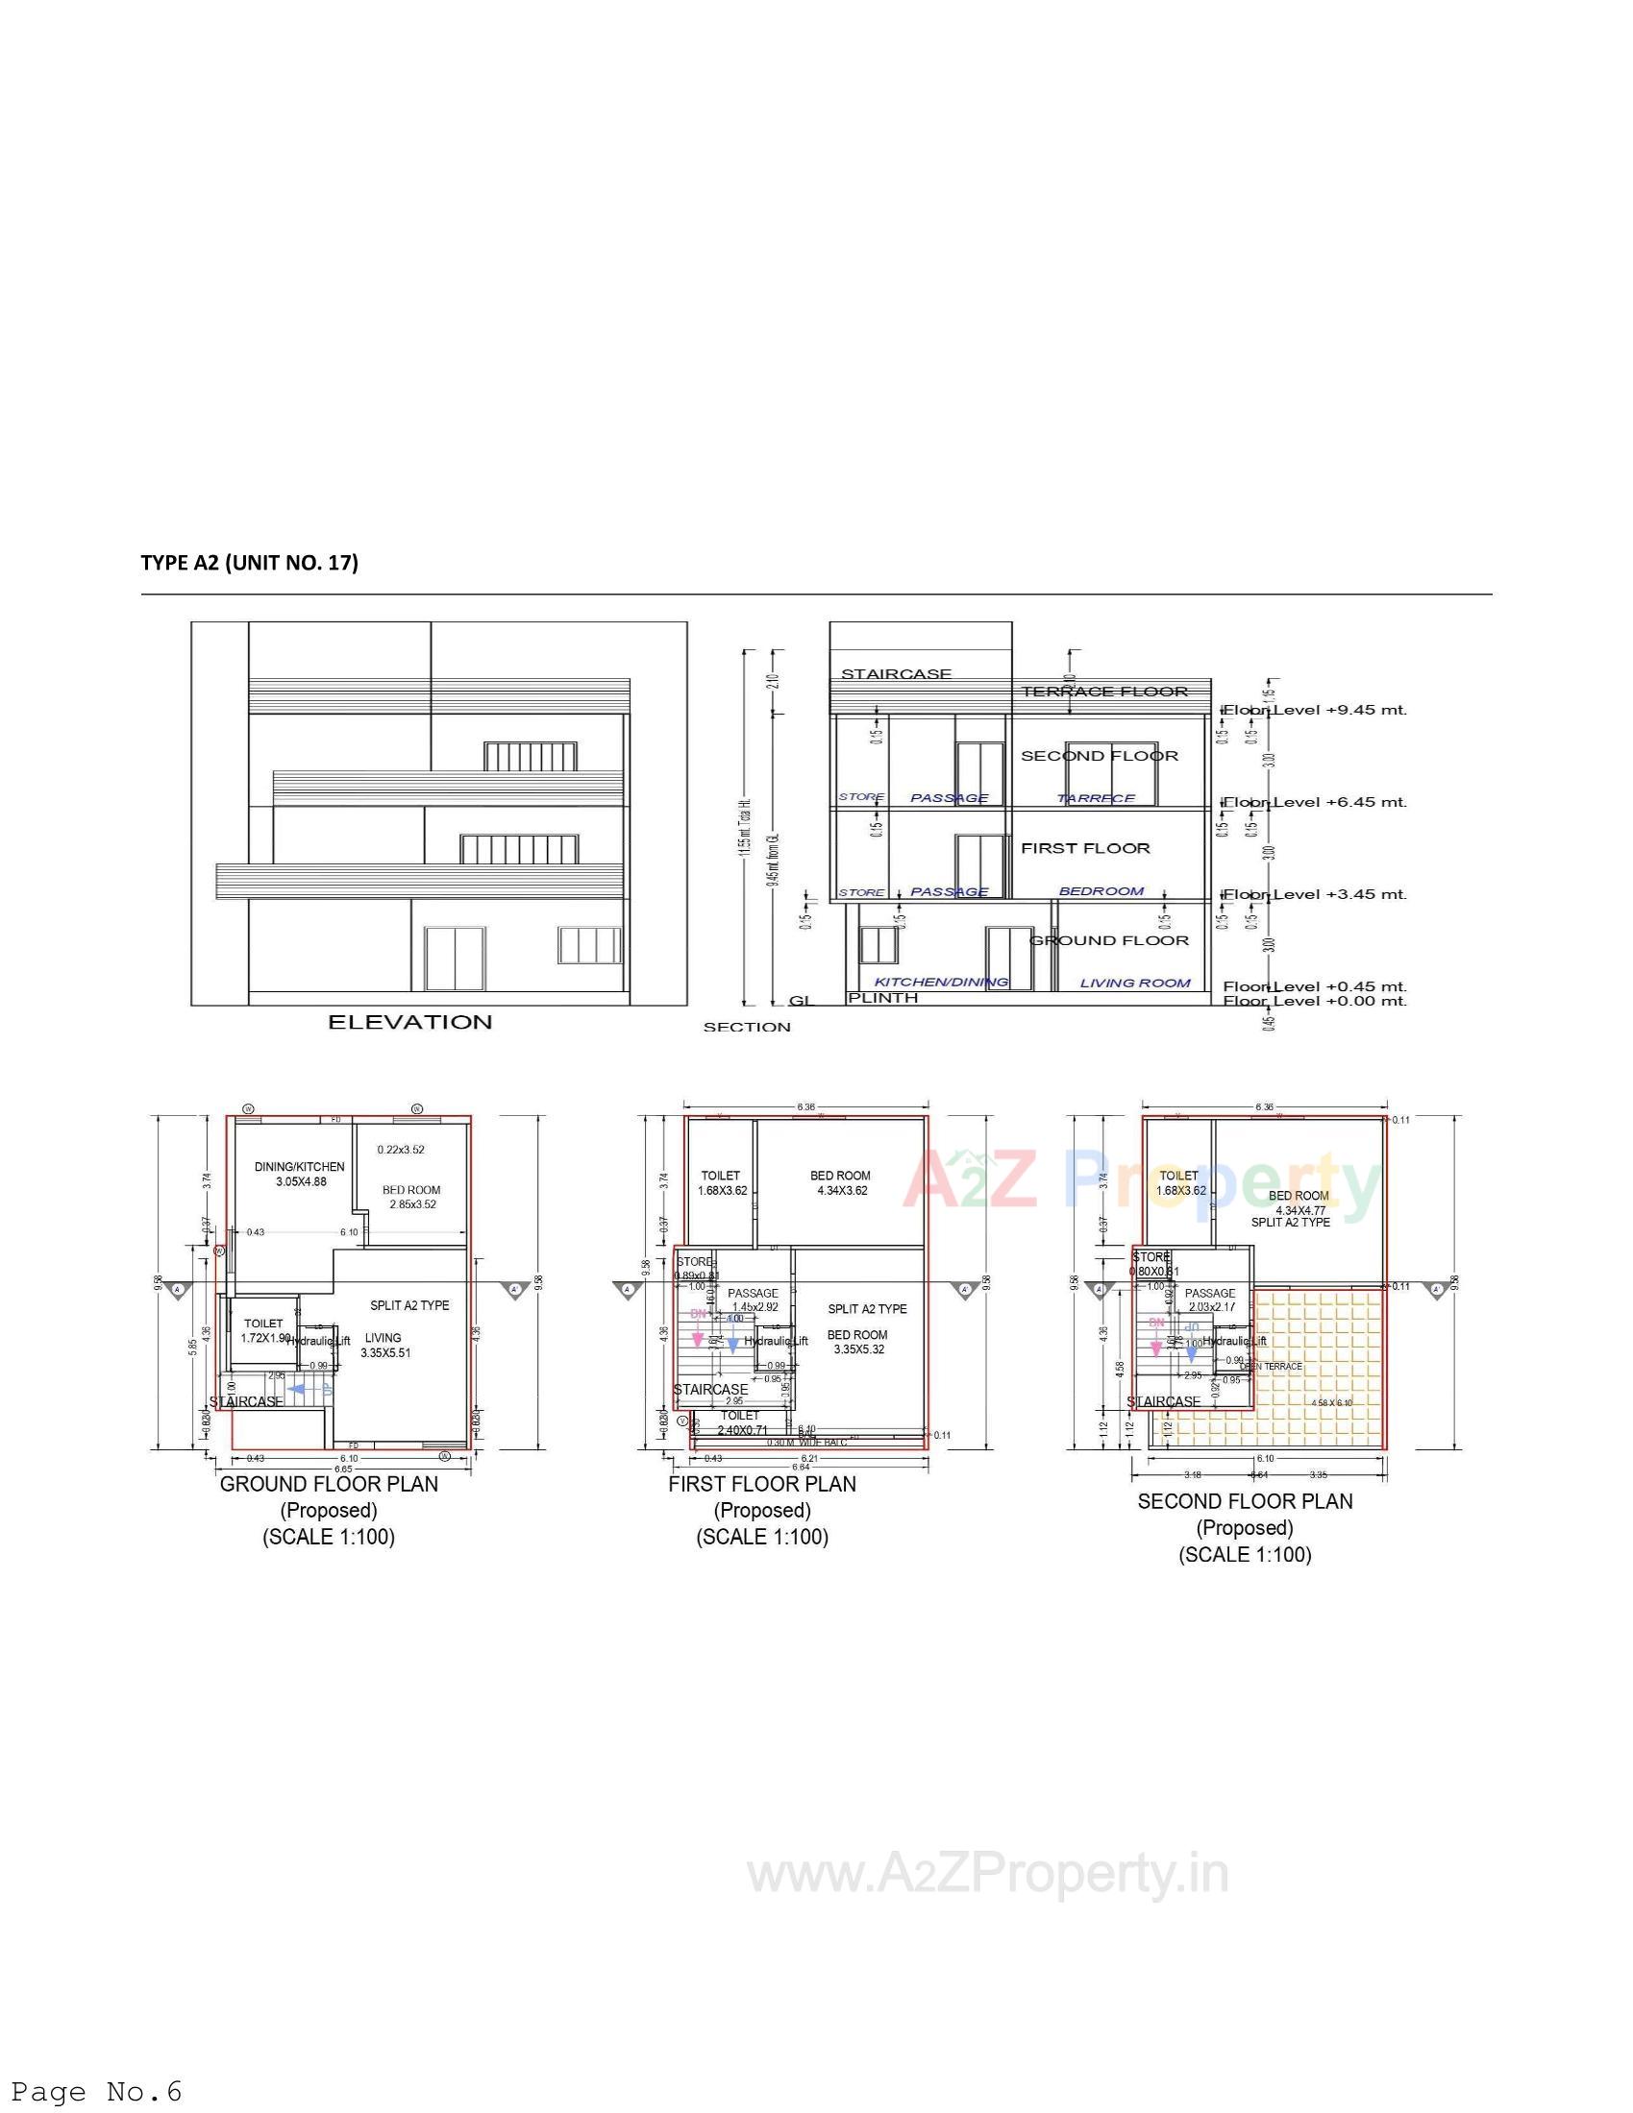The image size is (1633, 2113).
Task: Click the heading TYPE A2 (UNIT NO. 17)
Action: [249, 563]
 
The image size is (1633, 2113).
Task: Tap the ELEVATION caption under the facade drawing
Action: [409, 1022]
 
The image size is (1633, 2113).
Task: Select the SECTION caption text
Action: [746, 1027]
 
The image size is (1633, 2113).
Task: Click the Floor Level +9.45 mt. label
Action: [1315, 710]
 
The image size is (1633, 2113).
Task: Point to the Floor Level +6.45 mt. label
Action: [1315, 802]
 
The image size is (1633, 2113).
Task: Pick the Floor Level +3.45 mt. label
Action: [1315, 894]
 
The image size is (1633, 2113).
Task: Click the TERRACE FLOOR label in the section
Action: [1103, 691]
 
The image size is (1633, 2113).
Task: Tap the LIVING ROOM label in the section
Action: [1134, 983]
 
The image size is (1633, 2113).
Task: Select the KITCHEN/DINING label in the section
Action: [941, 982]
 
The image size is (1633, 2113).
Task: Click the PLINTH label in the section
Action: [882, 998]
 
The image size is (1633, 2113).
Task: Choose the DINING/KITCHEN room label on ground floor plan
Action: [299, 1167]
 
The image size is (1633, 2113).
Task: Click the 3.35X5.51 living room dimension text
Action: [385, 1353]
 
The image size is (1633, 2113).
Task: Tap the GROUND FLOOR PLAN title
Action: [329, 1484]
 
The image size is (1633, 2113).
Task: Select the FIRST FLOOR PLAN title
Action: [762, 1484]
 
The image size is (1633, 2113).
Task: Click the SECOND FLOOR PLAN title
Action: [1245, 1501]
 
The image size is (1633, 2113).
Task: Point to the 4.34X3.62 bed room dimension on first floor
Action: [841, 1191]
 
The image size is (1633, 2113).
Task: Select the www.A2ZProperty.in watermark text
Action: [987, 1874]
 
